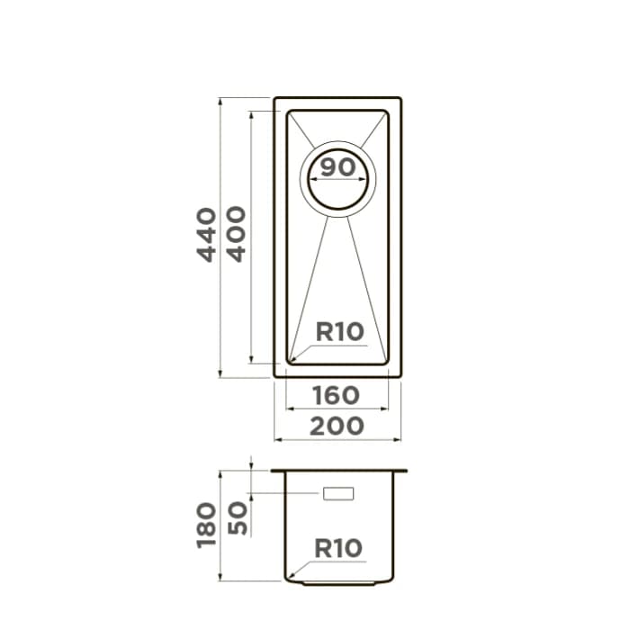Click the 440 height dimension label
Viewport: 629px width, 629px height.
point(207,235)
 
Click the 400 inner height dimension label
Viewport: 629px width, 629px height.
point(237,234)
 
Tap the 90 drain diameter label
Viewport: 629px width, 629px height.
point(338,166)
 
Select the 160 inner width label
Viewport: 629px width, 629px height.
point(337,396)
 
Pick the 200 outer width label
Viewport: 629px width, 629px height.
point(337,426)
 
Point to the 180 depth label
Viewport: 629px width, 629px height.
point(207,526)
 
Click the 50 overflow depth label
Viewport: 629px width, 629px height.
point(238,518)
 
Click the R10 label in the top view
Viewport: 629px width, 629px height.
point(340,332)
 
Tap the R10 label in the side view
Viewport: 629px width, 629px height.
point(338,548)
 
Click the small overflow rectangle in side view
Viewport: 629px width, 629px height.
point(338,493)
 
